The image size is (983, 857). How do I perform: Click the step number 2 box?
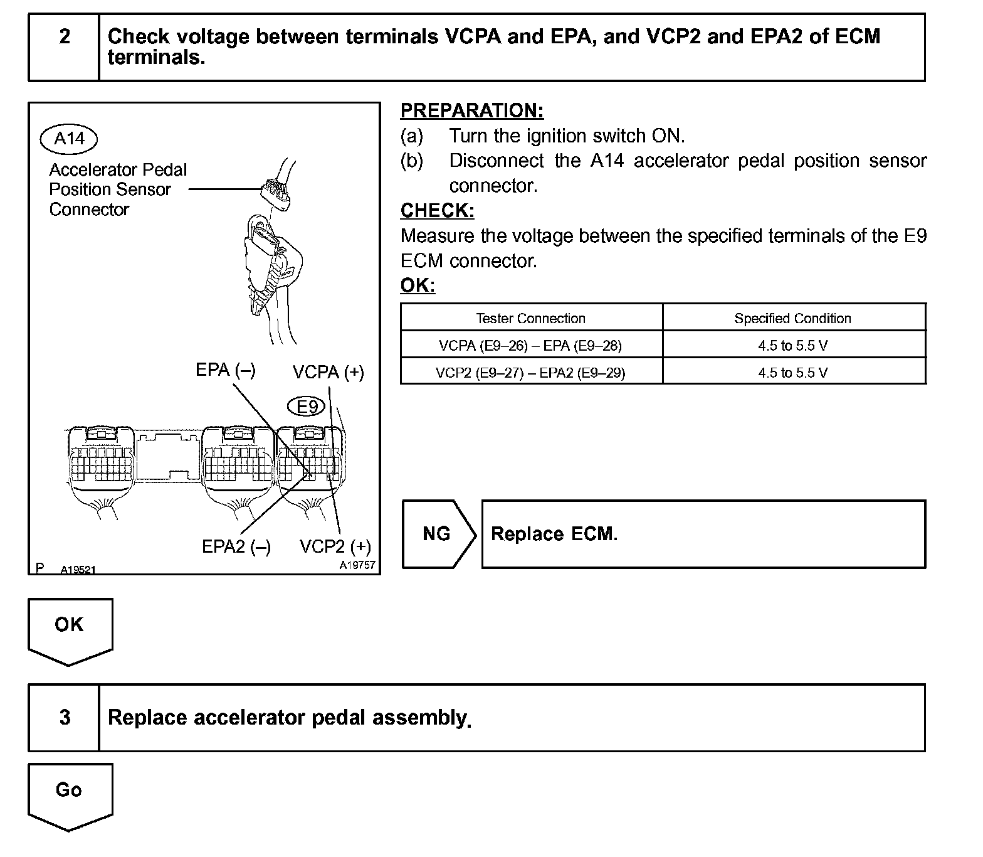pos(64,48)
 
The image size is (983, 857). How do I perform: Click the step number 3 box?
pos(64,717)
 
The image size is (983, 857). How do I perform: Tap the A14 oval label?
pos(69,139)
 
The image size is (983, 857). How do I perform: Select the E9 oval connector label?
pos(307,407)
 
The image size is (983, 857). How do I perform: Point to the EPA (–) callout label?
pos(225,370)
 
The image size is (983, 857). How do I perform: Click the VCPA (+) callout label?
pos(328,373)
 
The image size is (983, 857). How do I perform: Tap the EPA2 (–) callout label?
pos(236,547)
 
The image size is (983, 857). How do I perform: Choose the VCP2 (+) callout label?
pos(335,547)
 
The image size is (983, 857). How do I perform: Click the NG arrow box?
pos(437,534)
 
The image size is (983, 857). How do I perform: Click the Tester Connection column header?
pos(530,318)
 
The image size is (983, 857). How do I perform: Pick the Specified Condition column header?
pos(792,318)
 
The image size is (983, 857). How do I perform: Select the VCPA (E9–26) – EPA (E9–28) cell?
pos(530,345)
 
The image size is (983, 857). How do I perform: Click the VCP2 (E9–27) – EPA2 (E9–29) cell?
pos(530,373)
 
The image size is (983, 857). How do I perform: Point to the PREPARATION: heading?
pos(471,110)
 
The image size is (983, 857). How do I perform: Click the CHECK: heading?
pos(437,211)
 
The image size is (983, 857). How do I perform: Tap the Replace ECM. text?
pos(554,534)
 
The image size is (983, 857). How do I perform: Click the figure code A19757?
pos(357,565)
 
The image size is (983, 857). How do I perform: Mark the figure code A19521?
pos(78,570)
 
